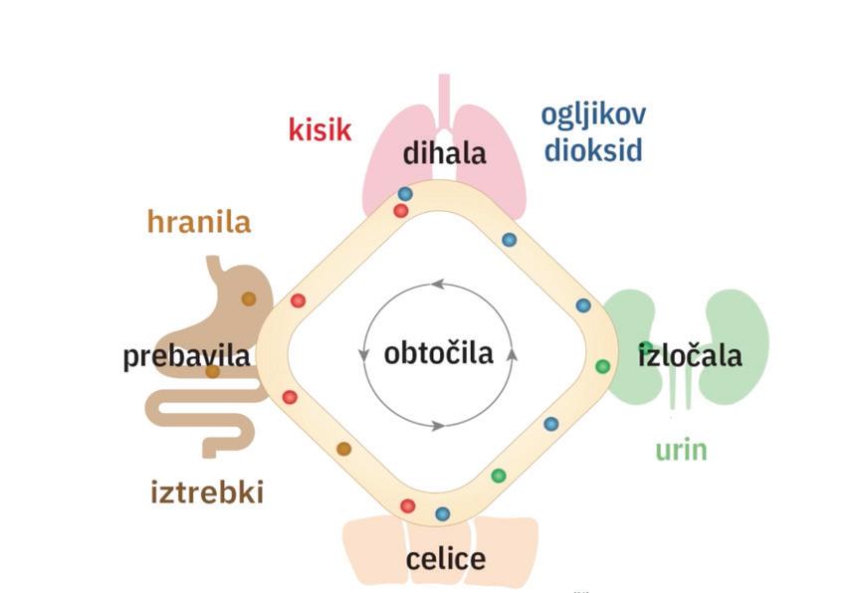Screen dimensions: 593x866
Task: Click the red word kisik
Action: coord(320,129)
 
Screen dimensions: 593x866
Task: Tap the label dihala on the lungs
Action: coord(444,153)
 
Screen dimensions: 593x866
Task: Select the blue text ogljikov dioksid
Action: coord(593,131)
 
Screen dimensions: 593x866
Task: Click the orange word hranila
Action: coord(199,221)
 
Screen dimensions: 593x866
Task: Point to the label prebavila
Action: coord(186,356)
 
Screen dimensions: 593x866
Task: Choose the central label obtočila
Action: coord(439,352)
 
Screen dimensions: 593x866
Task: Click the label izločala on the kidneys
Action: coord(690,354)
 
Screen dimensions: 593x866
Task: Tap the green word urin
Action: coord(681,450)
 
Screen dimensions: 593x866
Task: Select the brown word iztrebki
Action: coord(207,492)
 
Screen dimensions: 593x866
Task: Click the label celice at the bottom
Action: coord(446,559)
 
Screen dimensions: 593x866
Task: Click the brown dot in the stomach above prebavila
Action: coord(248,298)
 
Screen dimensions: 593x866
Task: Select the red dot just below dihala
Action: coord(400,211)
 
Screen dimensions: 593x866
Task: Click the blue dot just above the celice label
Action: coord(443,513)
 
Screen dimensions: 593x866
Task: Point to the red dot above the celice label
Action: coord(407,506)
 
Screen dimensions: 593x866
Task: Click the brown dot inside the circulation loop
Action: coord(343,449)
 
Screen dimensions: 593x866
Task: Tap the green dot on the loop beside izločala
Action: coord(602,366)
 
